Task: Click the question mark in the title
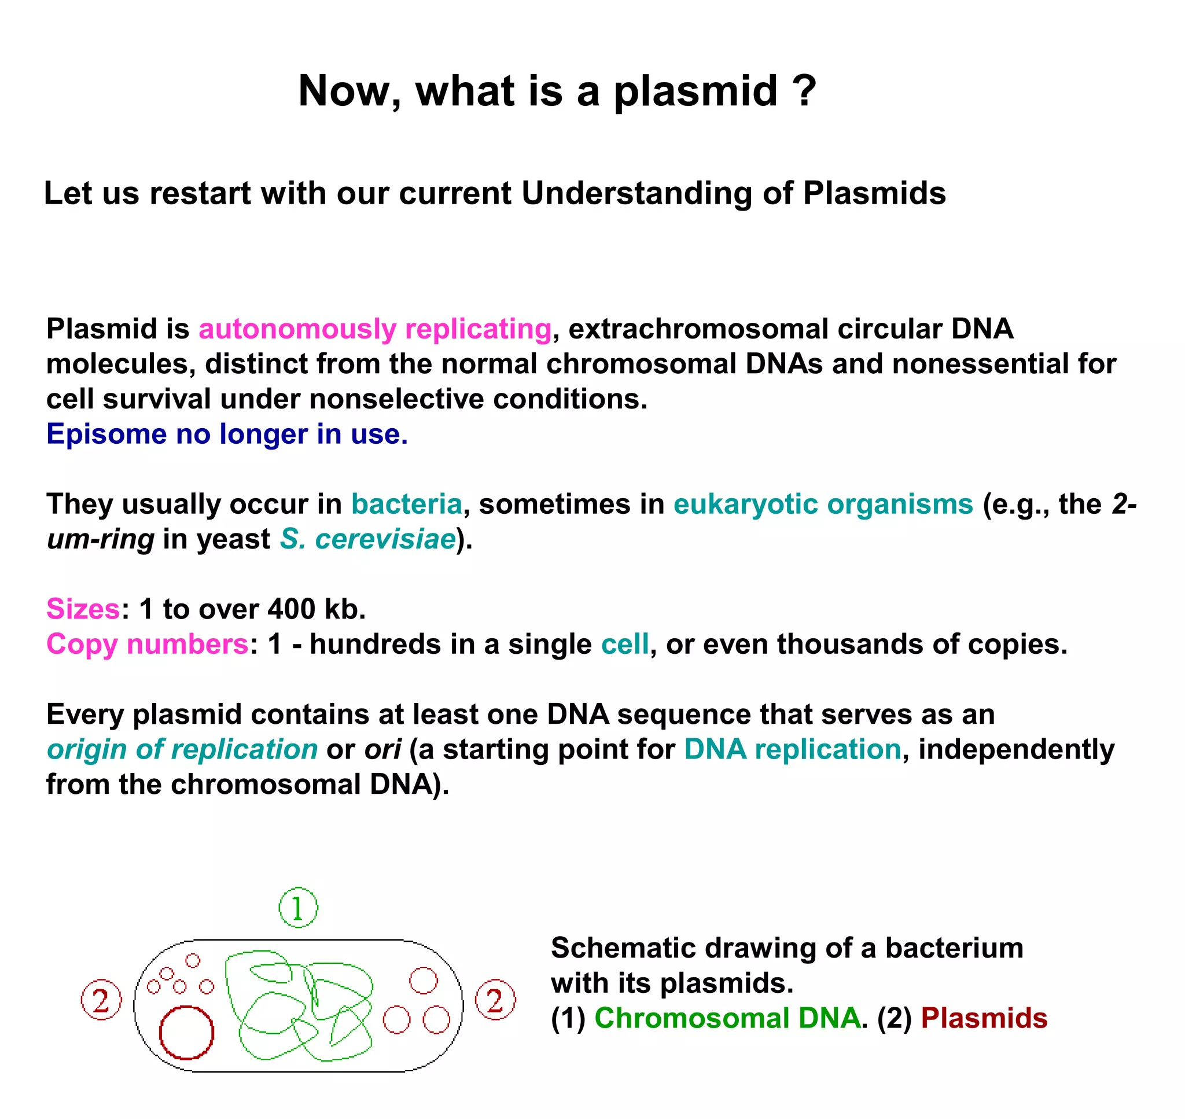tap(803, 91)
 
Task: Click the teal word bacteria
tap(406, 504)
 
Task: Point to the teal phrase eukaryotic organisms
tap(822, 505)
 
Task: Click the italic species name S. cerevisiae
tap(368, 539)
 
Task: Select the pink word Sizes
tap(83, 609)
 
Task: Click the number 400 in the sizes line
tap(291, 609)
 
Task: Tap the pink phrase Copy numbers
tap(148, 644)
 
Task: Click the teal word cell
tap(624, 644)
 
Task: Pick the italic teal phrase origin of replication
tap(182, 749)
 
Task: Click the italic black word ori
tap(382, 749)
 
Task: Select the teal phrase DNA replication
tap(792, 749)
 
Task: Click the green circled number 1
tap(298, 908)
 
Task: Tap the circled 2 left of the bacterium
tap(101, 1000)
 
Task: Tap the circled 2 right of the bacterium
tap(495, 1000)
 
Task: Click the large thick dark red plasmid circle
tap(186, 1033)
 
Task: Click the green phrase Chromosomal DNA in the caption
tap(727, 1018)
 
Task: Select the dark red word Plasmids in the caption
tap(984, 1018)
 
